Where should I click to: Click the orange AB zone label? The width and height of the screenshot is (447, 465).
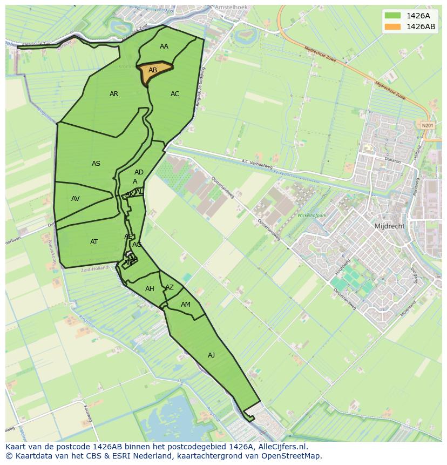(153, 70)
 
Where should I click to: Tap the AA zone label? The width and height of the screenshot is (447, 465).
(164, 46)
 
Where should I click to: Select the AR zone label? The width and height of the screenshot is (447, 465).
(114, 94)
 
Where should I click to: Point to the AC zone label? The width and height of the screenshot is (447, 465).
(175, 94)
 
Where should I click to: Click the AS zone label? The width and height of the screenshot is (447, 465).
(96, 164)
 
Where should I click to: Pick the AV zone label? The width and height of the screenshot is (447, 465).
(76, 199)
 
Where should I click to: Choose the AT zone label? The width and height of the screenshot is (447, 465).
(94, 242)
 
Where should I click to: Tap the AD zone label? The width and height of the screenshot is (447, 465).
(139, 172)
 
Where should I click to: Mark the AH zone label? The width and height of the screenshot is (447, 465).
(150, 289)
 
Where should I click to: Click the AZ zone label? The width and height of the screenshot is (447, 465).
(170, 287)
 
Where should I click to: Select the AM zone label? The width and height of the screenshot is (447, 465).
(186, 305)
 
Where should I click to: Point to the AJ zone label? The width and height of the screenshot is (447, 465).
(211, 355)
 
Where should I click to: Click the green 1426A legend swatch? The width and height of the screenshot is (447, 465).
(393, 16)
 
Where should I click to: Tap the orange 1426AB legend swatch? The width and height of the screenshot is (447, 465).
(393, 26)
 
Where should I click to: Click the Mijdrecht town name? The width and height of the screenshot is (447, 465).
(389, 226)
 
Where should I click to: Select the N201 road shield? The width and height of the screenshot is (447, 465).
(427, 125)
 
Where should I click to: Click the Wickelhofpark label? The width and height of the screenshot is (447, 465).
(311, 215)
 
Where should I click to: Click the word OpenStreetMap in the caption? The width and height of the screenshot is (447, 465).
(292, 456)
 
